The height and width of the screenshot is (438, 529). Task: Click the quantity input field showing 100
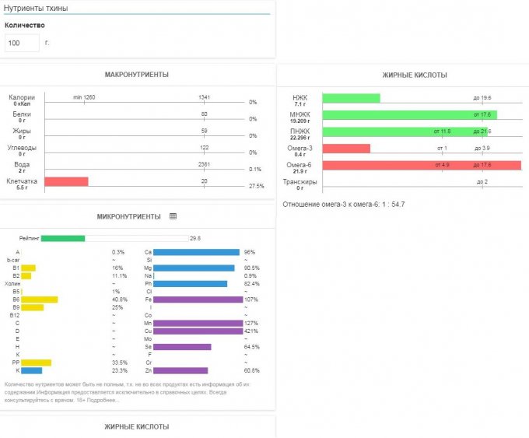[22, 43]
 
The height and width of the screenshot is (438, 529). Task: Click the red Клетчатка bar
[66, 181]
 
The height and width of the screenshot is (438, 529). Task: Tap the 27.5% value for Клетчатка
[256, 186]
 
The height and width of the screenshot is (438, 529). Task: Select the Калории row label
[21, 97]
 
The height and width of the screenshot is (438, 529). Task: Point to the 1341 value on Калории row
[205, 96]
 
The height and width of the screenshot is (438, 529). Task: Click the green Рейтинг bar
[62, 238]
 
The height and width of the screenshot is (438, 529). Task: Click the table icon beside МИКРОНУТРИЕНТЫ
[173, 216]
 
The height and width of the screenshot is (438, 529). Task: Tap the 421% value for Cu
[250, 331]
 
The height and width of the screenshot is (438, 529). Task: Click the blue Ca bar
[196, 252]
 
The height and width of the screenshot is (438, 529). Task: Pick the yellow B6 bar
[39, 300]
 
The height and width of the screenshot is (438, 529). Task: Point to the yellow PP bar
[36, 363]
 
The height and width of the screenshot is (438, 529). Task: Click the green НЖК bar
[351, 98]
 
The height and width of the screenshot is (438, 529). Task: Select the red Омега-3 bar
[345, 148]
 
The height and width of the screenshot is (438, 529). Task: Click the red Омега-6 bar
[420, 165]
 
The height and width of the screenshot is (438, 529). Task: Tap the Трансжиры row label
[300, 182]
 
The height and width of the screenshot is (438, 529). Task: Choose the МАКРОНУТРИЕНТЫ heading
[137, 75]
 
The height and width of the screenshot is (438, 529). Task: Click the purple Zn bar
[180, 370]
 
